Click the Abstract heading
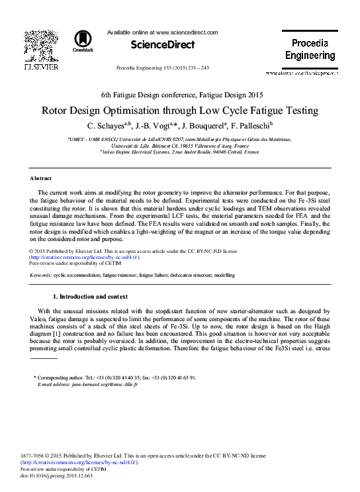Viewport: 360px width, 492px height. coord(42,179)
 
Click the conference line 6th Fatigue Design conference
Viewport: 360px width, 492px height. coord(180,95)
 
